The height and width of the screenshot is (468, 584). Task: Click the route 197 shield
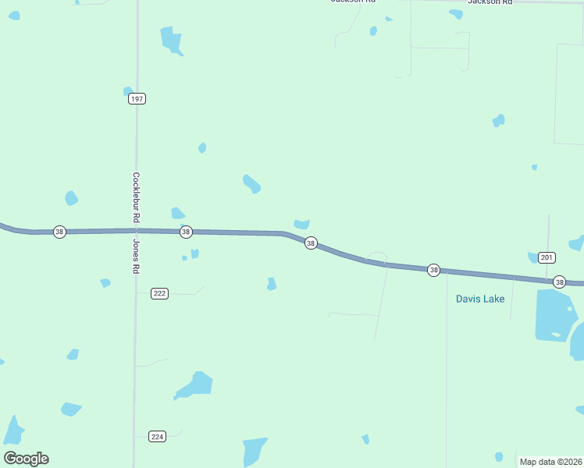[x=137, y=99]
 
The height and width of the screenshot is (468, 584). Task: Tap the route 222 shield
[x=159, y=293]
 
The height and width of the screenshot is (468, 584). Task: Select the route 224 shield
[x=157, y=436]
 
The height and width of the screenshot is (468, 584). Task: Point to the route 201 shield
[x=547, y=257]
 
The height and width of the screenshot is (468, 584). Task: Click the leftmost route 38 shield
[x=59, y=232]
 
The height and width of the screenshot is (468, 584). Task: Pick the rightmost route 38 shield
[x=559, y=282]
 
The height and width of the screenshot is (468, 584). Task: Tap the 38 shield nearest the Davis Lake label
[x=434, y=270]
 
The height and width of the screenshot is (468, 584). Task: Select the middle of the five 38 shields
[x=311, y=243]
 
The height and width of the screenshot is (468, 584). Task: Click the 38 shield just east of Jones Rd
[x=186, y=232]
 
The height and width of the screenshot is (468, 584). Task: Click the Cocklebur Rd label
[x=136, y=200]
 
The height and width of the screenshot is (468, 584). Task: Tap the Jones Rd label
[x=136, y=256]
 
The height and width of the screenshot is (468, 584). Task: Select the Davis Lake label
[x=480, y=299]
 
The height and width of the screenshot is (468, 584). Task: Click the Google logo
[x=26, y=459]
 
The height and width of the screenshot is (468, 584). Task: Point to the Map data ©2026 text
[x=551, y=462]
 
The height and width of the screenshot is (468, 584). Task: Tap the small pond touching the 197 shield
[x=128, y=91]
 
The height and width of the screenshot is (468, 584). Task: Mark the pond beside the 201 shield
[x=533, y=257]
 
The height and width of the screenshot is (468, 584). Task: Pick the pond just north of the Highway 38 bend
[x=301, y=225]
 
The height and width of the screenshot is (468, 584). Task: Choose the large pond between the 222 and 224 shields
[x=196, y=384]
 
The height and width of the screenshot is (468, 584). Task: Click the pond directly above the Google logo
[x=13, y=430]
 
